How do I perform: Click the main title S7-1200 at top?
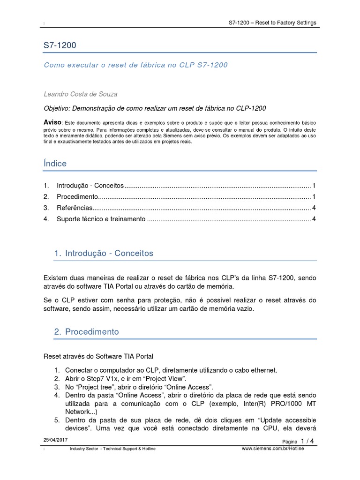(x=60, y=46)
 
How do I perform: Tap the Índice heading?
(x=55, y=164)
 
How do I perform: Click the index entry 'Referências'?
(x=74, y=208)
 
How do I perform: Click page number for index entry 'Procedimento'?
(x=314, y=196)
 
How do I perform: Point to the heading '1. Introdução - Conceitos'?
(x=103, y=253)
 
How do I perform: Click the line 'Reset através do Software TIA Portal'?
(x=100, y=356)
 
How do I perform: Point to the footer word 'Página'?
(x=290, y=442)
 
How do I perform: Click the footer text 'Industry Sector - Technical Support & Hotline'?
(x=112, y=449)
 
